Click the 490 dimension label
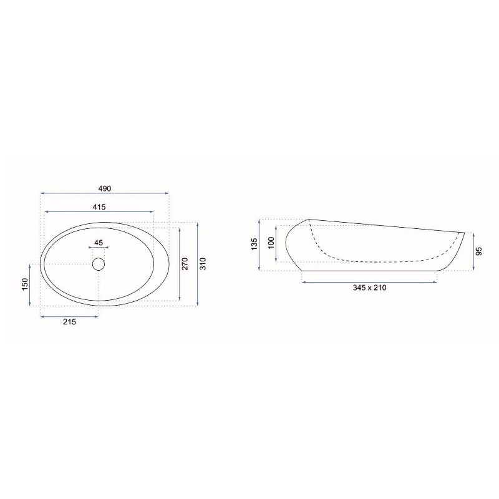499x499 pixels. click(x=105, y=189)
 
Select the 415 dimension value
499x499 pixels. click(x=99, y=207)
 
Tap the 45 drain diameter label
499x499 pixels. click(x=99, y=243)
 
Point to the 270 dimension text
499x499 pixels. click(x=185, y=264)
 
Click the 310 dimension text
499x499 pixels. click(x=204, y=264)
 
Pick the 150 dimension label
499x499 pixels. click(x=25, y=284)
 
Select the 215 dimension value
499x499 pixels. click(x=69, y=322)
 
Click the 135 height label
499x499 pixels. click(x=254, y=244)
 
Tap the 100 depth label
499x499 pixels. click(x=271, y=243)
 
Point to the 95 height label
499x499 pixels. click(x=480, y=251)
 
